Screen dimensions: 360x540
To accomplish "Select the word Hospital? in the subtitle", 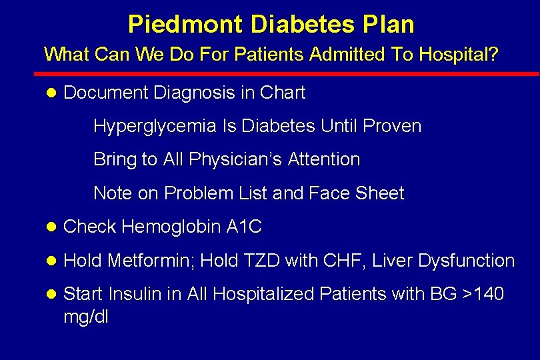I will click(458, 54).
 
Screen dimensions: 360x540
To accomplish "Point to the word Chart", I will click(282, 93).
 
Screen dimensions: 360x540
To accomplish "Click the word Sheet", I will click(380, 193).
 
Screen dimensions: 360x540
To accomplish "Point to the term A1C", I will click(244, 227).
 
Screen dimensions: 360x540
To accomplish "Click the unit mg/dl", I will click(85, 316).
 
